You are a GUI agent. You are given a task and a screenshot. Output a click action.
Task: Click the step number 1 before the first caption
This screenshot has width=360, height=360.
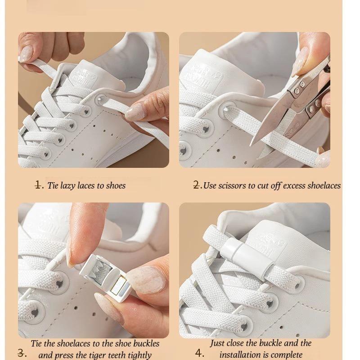(39, 185)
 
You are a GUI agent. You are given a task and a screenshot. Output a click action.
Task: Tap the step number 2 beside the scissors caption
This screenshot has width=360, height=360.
(197, 185)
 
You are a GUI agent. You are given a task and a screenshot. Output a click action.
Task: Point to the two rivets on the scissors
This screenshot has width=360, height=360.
(298, 92)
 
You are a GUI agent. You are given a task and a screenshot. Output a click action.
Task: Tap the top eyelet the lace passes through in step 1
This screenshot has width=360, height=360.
(100, 99)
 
